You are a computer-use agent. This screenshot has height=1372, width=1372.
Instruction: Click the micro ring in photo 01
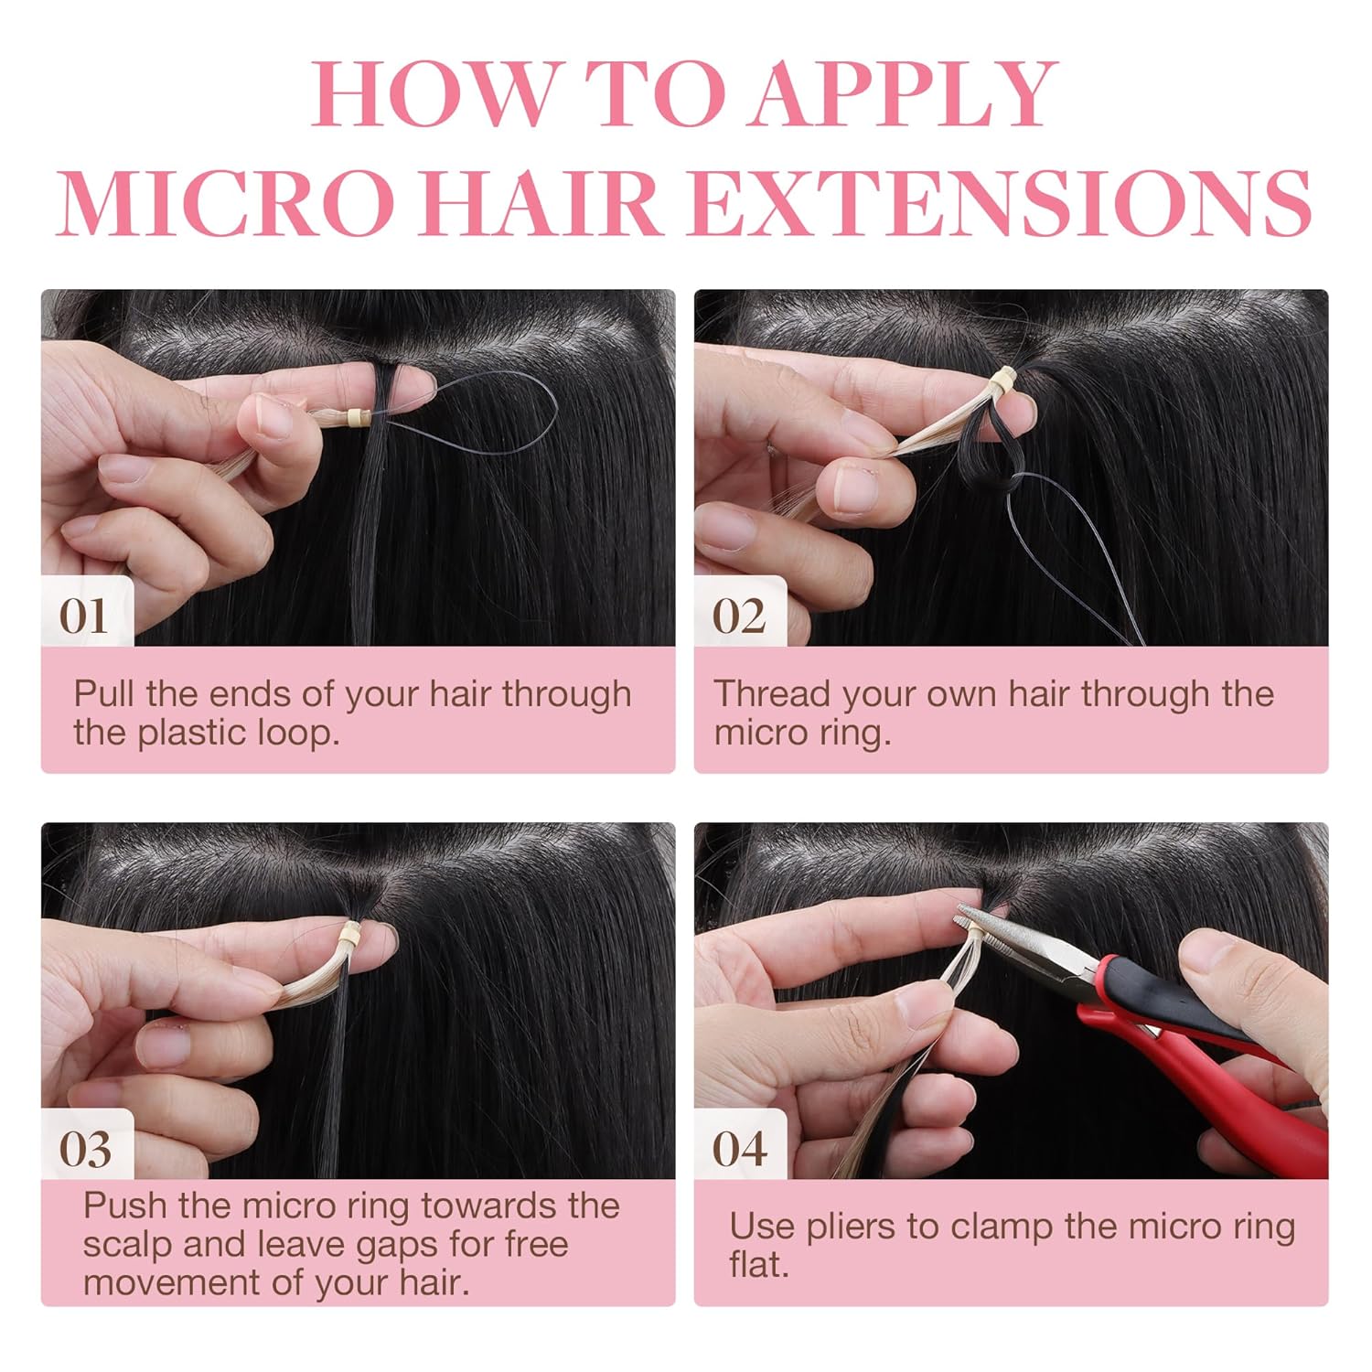coord(353,418)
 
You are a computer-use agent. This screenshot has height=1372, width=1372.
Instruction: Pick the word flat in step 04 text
coord(758,1265)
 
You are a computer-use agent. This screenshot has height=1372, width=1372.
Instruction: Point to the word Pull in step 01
coord(104,693)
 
